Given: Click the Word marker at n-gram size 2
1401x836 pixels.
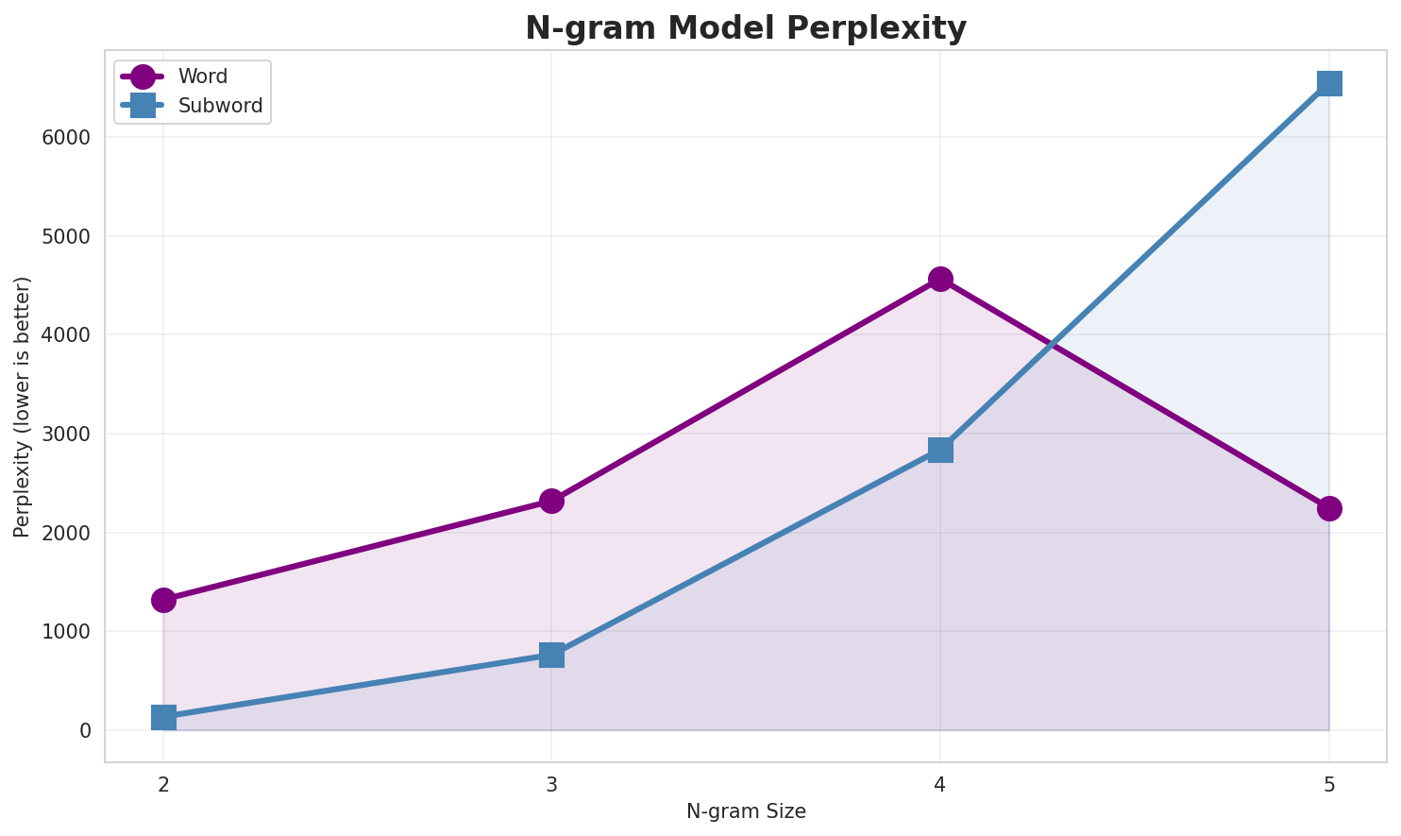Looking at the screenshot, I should click(163, 600).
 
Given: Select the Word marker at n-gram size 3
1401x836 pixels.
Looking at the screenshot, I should click(552, 501).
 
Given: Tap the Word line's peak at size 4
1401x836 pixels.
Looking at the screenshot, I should click(940, 279).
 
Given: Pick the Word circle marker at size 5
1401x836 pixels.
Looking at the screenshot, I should click(1329, 508).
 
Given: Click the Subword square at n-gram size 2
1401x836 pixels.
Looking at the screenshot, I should click(163, 717).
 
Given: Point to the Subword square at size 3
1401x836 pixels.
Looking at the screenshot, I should click(552, 655).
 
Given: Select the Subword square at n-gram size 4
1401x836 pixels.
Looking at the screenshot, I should click(940, 450).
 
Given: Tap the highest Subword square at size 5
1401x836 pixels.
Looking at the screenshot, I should click(1329, 83).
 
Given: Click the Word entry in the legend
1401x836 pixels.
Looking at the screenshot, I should click(203, 77).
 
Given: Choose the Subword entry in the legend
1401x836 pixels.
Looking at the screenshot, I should click(220, 106).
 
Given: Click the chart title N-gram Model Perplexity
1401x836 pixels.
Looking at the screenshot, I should click(746, 28).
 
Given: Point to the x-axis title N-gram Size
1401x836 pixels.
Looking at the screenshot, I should click(746, 811).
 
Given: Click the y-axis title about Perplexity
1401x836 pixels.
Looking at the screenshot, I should click(23, 406).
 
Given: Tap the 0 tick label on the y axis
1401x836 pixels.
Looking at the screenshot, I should click(86, 730).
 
